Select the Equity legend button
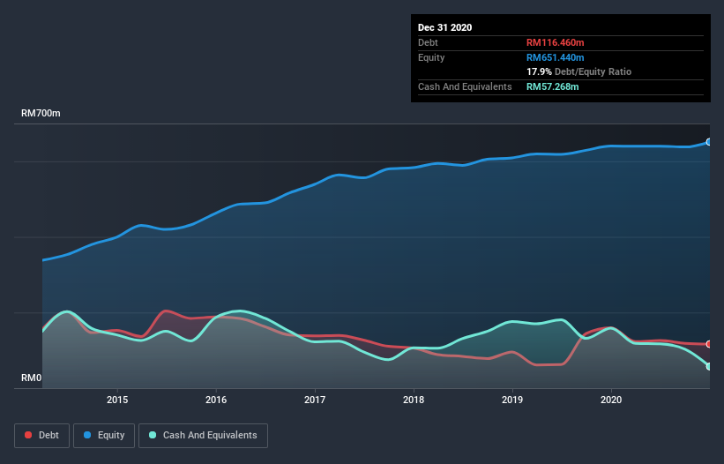(104, 435)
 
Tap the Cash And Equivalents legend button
(203, 435)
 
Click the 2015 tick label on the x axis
(117, 400)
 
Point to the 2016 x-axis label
(216, 400)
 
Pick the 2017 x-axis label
(315, 400)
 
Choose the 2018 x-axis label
(414, 400)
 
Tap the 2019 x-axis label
(512, 400)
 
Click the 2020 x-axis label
(611, 400)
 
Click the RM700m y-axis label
(41, 114)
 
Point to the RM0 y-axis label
(32, 378)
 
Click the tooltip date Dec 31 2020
(444, 27)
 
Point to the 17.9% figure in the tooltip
(538, 71)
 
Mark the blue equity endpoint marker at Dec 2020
(709, 142)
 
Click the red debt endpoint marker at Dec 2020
(709, 344)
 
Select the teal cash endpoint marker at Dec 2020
(709, 366)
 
